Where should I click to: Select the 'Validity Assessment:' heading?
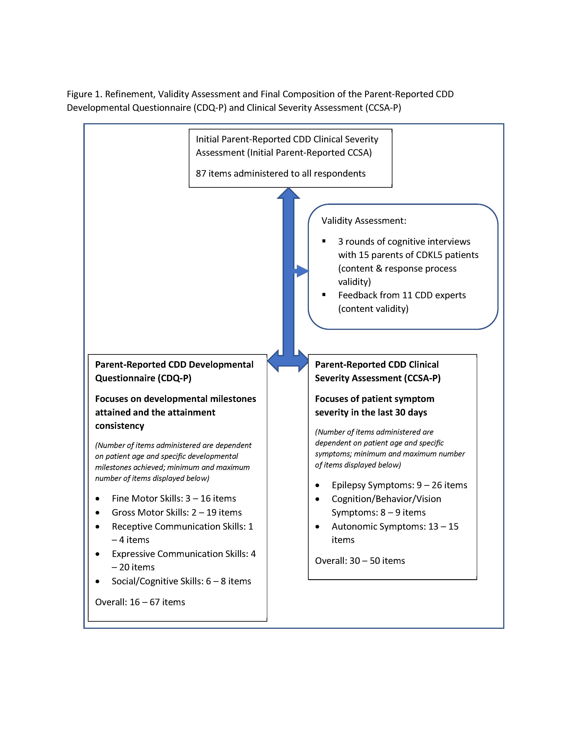(364, 221)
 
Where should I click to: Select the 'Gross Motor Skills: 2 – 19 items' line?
(177, 512)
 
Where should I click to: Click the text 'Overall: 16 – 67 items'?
(140, 602)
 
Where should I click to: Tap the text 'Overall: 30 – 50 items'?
(360, 561)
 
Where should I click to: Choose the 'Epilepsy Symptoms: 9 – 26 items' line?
(399, 485)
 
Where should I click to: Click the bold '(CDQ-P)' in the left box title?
(174, 378)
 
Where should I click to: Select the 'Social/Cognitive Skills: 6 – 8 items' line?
(181, 581)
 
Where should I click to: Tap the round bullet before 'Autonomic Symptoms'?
(318, 527)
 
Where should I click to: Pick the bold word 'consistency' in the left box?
(120, 426)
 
